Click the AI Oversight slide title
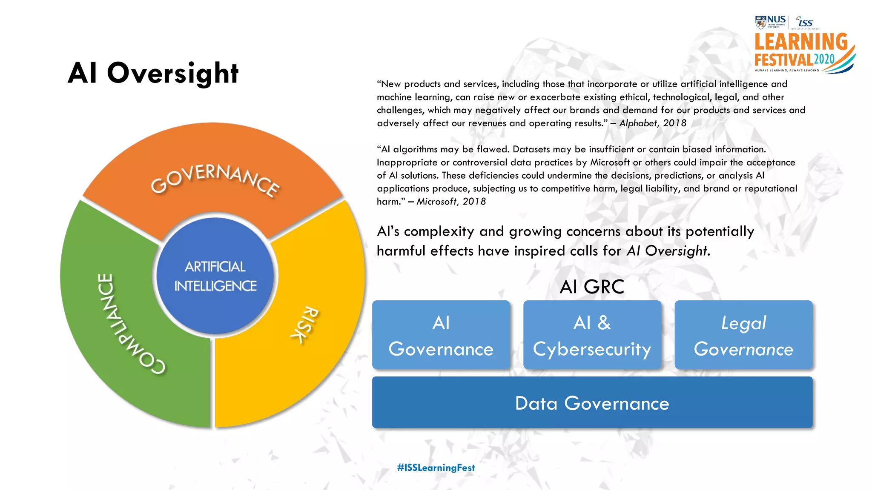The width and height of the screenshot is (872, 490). click(x=153, y=73)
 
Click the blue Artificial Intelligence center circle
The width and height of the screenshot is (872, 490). click(x=215, y=276)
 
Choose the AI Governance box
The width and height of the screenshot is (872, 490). click(x=441, y=335)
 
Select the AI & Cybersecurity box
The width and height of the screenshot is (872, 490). click(x=592, y=335)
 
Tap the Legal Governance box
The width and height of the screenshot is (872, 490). click(x=743, y=335)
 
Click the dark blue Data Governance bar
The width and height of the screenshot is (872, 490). click(x=592, y=402)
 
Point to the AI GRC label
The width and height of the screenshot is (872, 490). click(x=592, y=287)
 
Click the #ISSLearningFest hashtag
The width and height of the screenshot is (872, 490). click(x=436, y=468)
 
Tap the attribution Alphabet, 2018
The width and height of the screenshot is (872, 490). click(x=652, y=123)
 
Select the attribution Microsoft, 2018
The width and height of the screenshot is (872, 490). click(x=451, y=202)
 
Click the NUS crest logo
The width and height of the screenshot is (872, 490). click(x=760, y=22)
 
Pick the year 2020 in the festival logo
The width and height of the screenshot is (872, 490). click(x=824, y=60)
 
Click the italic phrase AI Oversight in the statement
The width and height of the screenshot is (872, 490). click(x=667, y=251)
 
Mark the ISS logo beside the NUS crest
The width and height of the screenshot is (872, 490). click(x=805, y=22)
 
